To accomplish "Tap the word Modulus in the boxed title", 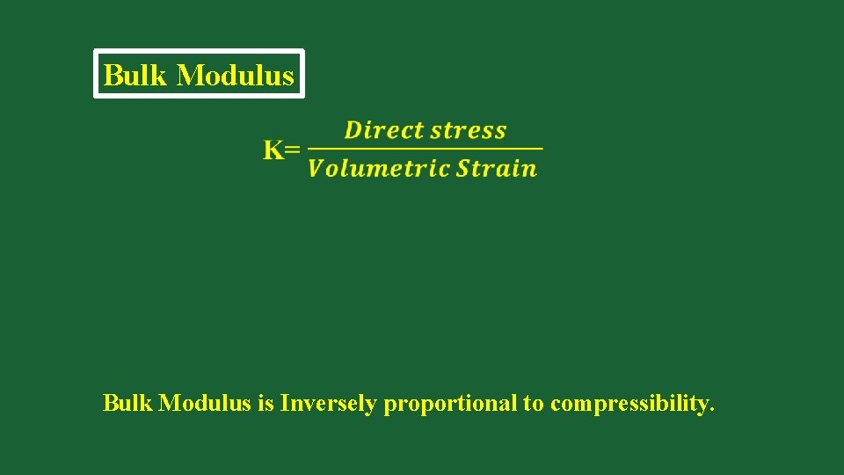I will [235, 75].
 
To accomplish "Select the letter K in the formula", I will [273, 150].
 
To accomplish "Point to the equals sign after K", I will [293, 150].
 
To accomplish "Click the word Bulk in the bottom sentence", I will [127, 404].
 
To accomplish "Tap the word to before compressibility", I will [534, 405].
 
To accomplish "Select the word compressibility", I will [627, 405].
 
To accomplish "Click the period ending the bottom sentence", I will [710, 411].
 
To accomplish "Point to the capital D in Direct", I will [353, 130].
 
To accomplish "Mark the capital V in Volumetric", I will [316, 168].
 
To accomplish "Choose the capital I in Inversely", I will [285, 404].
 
